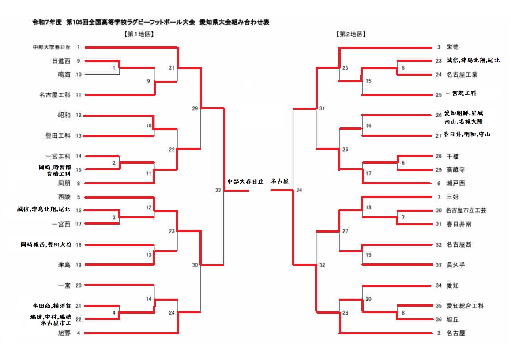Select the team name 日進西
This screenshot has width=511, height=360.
(x=61, y=61)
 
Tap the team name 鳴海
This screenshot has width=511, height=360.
(x=64, y=75)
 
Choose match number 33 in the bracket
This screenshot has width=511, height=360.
(x=218, y=190)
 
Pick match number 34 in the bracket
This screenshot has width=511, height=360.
(x=300, y=190)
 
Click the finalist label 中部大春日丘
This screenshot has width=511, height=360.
(x=245, y=181)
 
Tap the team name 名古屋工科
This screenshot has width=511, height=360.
(x=54, y=95)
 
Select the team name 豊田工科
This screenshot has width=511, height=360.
(x=58, y=136)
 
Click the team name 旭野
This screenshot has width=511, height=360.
(x=64, y=333)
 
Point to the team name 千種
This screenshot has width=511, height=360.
(x=453, y=156)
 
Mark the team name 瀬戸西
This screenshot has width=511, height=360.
(x=455, y=183)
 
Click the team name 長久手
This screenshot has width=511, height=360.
(x=455, y=265)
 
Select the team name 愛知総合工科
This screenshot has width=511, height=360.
(x=465, y=306)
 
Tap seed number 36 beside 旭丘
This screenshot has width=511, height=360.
(x=438, y=319)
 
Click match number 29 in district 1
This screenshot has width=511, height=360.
(x=195, y=108)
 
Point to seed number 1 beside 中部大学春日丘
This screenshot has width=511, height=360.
(x=79, y=47)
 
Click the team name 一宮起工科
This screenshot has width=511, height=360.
(x=461, y=94)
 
